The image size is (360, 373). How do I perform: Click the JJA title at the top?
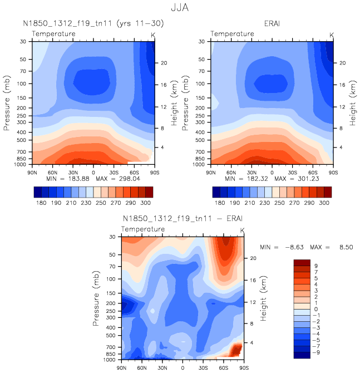(180, 8)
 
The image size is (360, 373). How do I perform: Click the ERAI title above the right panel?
(272, 24)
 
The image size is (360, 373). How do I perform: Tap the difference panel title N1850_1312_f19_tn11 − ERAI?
(183, 218)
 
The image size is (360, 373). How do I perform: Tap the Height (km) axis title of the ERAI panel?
(352, 102)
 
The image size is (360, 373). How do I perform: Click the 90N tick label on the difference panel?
(121, 369)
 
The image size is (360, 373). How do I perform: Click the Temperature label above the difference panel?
(143, 229)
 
